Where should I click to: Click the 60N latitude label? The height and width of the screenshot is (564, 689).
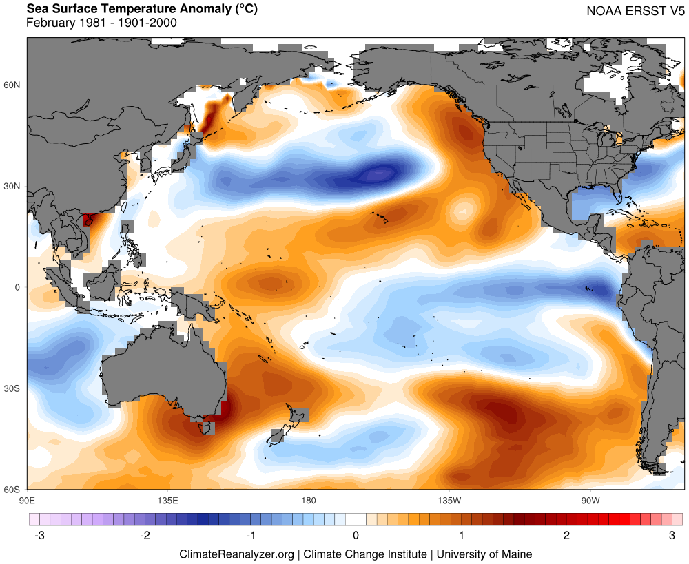[x=13, y=85]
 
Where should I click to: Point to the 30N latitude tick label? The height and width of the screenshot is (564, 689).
[x=13, y=186]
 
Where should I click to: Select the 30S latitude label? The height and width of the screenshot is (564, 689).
[x=13, y=388]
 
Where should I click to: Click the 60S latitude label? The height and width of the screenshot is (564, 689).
[x=13, y=490]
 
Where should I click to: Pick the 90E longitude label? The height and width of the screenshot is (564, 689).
[x=28, y=500]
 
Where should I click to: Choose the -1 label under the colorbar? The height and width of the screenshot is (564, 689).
[x=250, y=535]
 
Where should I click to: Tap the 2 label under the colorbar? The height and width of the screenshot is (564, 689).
[x=566, y=535]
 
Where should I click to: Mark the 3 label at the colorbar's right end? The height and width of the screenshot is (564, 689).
[x=672, y=535]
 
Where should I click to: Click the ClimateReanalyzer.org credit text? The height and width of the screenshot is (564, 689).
[x=237, y=554]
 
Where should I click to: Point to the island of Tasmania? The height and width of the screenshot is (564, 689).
[x=205, y=428]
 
